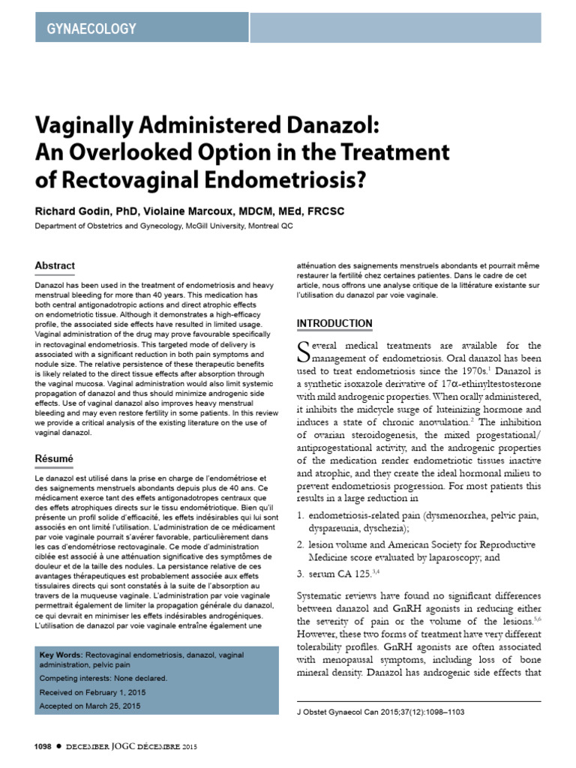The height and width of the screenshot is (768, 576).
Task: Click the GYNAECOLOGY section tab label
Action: pos(92,29)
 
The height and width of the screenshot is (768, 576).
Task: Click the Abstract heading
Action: pos(55,265)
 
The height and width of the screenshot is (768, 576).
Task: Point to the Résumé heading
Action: pos(55,457)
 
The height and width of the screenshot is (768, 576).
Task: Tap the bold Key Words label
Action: pos(61,655)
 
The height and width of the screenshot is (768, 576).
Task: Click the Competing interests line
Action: pos(103,678)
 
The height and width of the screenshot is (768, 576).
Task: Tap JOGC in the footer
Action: pos(124,747)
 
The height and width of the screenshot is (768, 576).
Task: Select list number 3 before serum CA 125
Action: pos(299,574)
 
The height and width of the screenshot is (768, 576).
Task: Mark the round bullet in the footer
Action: pos(60,747)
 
